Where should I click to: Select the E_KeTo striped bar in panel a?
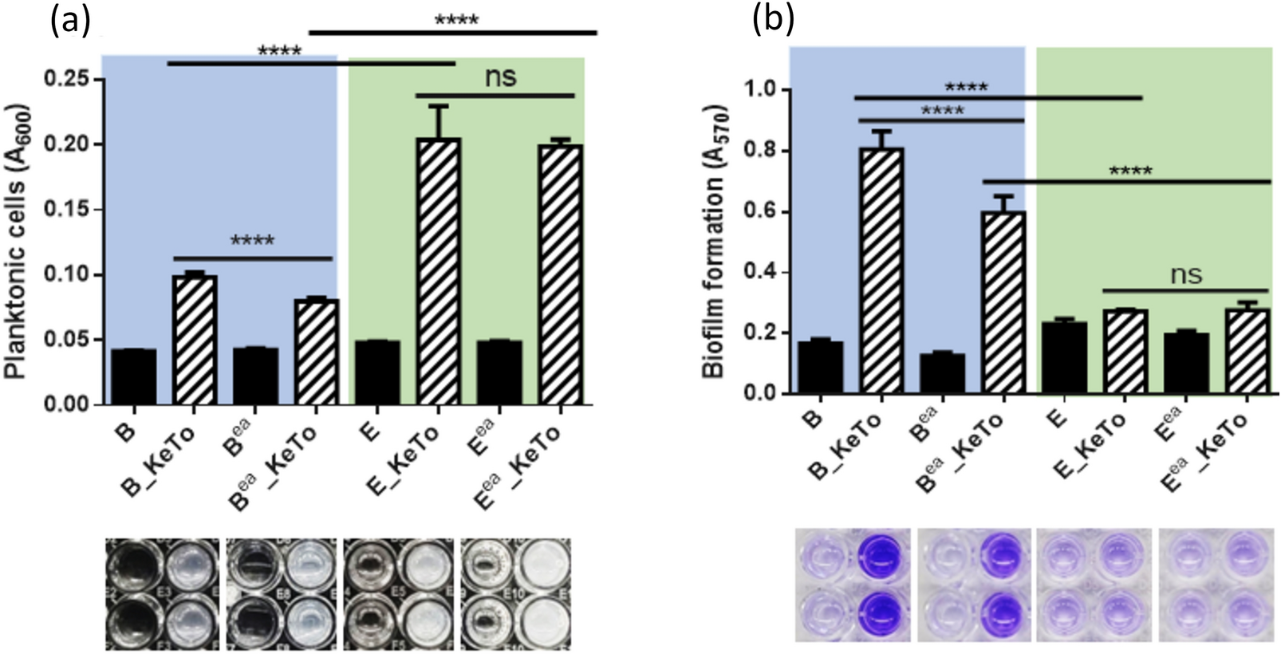438,271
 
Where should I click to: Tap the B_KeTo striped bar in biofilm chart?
881,270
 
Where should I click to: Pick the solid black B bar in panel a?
133,376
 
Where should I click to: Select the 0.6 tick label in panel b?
760,212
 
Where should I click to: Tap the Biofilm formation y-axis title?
715,239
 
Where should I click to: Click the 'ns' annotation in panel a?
500,77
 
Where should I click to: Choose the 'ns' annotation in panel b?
1186,274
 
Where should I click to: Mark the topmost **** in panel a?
455,20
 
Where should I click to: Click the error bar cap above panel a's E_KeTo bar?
438,105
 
